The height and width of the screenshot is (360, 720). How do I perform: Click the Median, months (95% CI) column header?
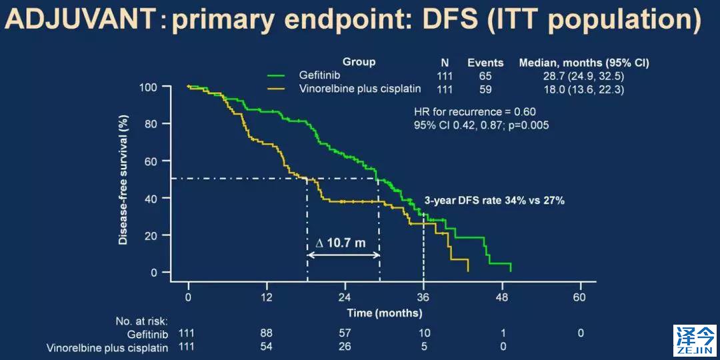[584, 63]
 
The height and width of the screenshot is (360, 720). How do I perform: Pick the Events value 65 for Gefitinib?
[485, 76]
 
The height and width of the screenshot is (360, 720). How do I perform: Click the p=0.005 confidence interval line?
[481, 125]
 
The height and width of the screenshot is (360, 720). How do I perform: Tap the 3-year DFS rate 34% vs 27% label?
[495, 199]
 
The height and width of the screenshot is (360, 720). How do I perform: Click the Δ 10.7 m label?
[340, 243]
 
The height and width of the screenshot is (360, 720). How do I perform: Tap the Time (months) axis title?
[384, 312]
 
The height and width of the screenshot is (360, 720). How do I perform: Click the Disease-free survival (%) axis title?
[123, 179]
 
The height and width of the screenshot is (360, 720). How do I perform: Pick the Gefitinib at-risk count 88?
[267, 333]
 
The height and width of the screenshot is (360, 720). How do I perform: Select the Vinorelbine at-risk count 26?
[345, 347]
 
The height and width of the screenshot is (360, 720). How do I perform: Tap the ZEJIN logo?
[694, 340]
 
